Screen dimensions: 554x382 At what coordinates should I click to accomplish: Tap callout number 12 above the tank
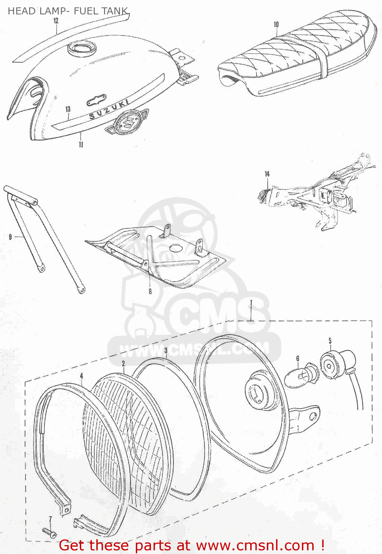point(56,21)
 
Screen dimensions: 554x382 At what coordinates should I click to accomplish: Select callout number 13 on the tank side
point(68,109)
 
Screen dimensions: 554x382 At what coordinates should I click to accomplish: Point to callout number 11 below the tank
point(81,144)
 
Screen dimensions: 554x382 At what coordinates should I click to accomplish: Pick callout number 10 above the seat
point(276,25)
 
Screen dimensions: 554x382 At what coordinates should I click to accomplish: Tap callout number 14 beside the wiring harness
point(267,174)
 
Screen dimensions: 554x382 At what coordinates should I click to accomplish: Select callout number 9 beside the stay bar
point(10,236)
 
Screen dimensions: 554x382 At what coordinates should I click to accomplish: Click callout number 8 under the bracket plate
point(150,291)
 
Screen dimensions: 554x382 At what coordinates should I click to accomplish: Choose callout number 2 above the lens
point(123,363)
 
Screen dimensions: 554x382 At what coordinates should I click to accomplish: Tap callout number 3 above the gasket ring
point(166,350)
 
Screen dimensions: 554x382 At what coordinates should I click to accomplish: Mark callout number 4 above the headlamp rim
point(81,376)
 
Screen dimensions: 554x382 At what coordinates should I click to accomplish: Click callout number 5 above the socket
point(330,341)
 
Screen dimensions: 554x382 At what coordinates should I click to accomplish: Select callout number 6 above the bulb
point(297,358)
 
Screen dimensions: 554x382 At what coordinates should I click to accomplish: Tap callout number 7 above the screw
point(50,519)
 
